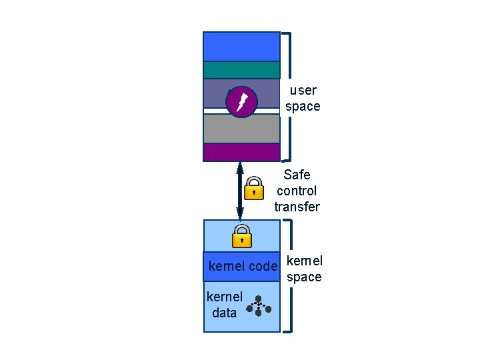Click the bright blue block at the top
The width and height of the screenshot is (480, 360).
tap(241, 46)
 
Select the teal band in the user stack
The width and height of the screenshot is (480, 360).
tap(241, 70)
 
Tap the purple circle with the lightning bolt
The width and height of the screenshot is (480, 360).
tap(241, 102)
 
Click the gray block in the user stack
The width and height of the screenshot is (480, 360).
tap(241, 129)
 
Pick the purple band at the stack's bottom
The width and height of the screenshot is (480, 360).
tap(241, 153)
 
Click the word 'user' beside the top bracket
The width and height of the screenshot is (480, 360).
tap(303, 90)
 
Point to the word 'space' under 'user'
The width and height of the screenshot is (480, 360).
tap(303, 107)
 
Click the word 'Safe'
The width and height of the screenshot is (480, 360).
tap(297, 175)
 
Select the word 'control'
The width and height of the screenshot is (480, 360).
tap(297, 191)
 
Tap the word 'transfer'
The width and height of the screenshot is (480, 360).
tap(297, 207)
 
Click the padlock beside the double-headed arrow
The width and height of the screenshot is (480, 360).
tap(253, 189)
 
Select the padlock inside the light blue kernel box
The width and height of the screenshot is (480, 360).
tap(241, 235)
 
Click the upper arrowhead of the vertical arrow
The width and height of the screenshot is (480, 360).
tap(240, 167)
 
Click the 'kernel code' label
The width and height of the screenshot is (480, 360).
tap(242, 267)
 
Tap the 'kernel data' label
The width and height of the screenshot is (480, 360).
tap(225, 305)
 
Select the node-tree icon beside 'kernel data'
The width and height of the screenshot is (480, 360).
tap(259, 306)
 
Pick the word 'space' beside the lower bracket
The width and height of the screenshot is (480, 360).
tap(304, 277)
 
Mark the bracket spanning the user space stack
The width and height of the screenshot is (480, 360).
tap(288, 97)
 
